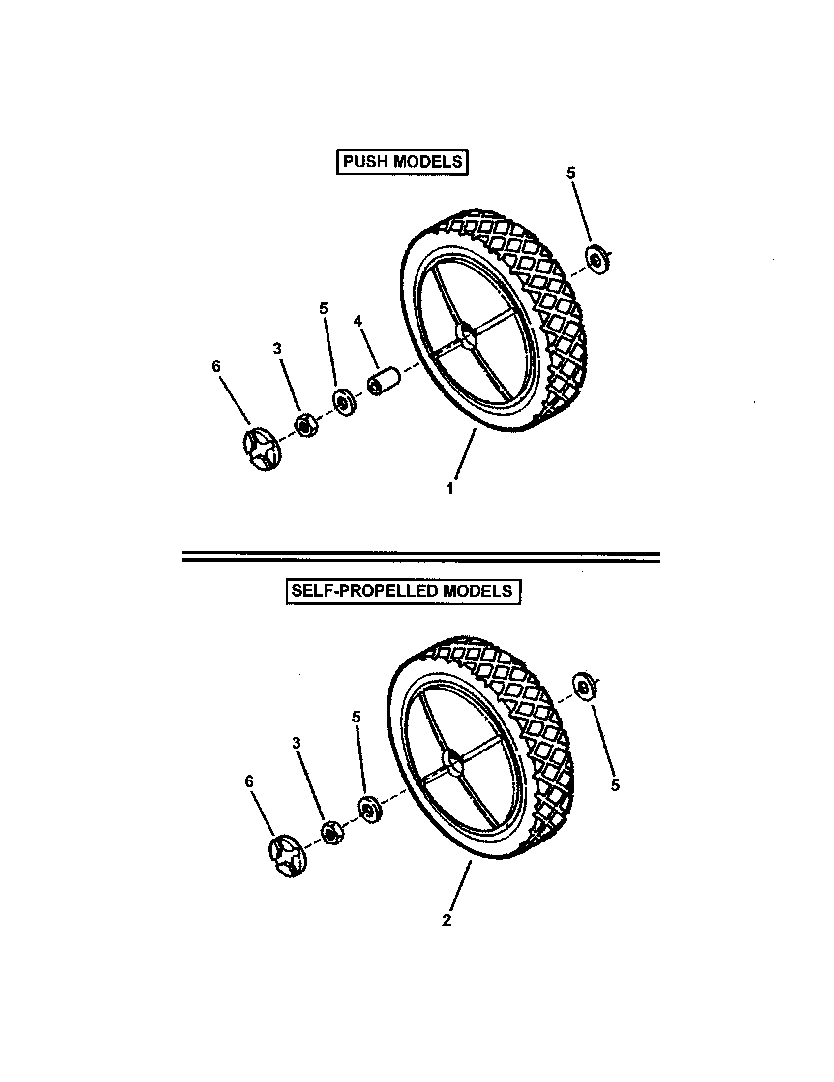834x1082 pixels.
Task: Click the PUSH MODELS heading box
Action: (402, 162)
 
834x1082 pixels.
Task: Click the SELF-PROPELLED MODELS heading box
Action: (403, 591)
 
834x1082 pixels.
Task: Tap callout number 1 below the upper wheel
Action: (449, 489)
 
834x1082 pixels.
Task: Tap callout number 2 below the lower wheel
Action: (446, 921)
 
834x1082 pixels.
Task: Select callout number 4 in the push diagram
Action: (357, 321)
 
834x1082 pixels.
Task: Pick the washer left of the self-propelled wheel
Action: (369, 809)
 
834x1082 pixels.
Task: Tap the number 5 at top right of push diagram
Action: (570, 173)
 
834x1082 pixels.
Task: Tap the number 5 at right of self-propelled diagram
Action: (615, 785)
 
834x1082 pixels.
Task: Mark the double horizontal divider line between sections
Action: (421, 557)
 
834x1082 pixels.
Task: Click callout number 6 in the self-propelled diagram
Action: (249, 781)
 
